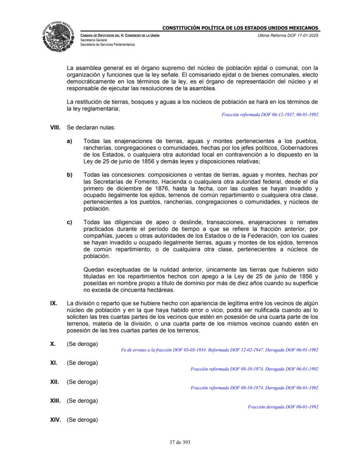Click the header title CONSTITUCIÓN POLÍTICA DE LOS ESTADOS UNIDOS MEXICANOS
pyautogui.click(x=240, y=28)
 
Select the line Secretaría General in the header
pyautogui.click(x=94, y=40)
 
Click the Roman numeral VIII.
pyautogui.click(x=56, y=128)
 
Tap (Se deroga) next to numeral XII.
pyautogui.click(x=82, y=382)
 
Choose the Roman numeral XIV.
pyautogui.click(x=57, y=420)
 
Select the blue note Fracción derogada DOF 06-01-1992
pyautogui.click(x=283, y=407)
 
